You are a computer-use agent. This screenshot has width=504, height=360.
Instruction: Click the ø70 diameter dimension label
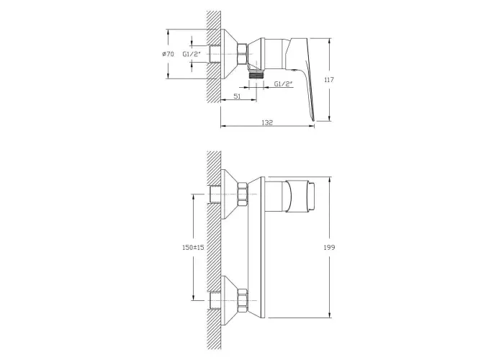168,54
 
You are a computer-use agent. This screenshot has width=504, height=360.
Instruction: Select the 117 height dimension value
329,80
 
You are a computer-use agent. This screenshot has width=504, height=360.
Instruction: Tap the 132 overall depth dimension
267,122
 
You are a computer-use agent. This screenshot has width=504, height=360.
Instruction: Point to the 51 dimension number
237,96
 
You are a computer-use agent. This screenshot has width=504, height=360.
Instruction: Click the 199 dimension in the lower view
330,247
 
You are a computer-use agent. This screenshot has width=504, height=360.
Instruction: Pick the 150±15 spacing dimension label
193,247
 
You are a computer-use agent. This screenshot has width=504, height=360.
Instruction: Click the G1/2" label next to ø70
192,54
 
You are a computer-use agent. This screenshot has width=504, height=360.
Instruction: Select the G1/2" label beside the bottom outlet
284,84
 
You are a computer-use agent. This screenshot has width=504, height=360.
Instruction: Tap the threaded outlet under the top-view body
256,75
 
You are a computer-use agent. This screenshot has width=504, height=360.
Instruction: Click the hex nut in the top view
242,53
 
